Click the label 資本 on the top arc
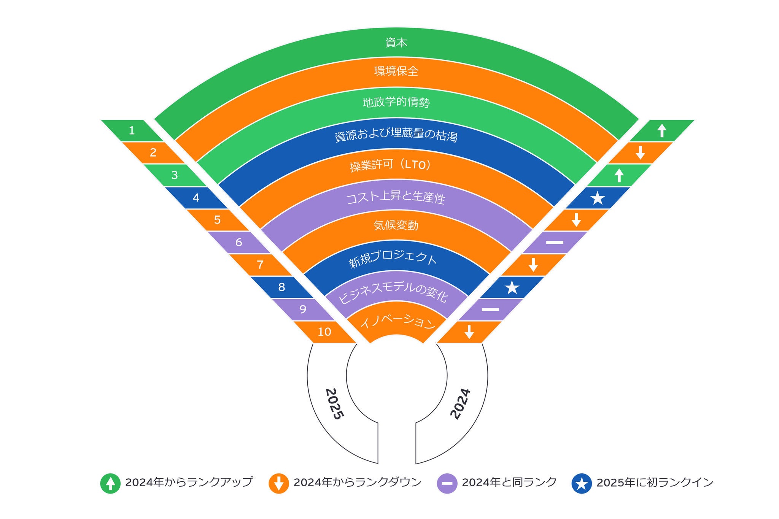[x=396, y=42]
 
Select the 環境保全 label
[x=396, y=71]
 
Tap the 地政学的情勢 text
[x=396, y=102]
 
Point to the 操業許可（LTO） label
[x=391, y=165]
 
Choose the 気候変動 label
[x=396, y=225]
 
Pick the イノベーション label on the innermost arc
[x=397, y=322]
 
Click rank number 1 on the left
[x=132, y=131]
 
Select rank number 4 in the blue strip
[x=196, y=198]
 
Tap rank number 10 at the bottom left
[x=324, y=332]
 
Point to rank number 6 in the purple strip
[x=239, y=242]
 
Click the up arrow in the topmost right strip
[x=662, y=131]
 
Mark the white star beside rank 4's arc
[x=598, y=198]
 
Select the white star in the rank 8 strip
[x=512, y=287]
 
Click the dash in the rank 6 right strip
[x=555, y=242]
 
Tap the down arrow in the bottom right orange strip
[x=469, y=332]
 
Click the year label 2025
[x=335, y=404]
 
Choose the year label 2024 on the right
[x=460, y=404]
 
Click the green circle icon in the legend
[x=110, y=483]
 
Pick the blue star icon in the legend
[x=582, y=483]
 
